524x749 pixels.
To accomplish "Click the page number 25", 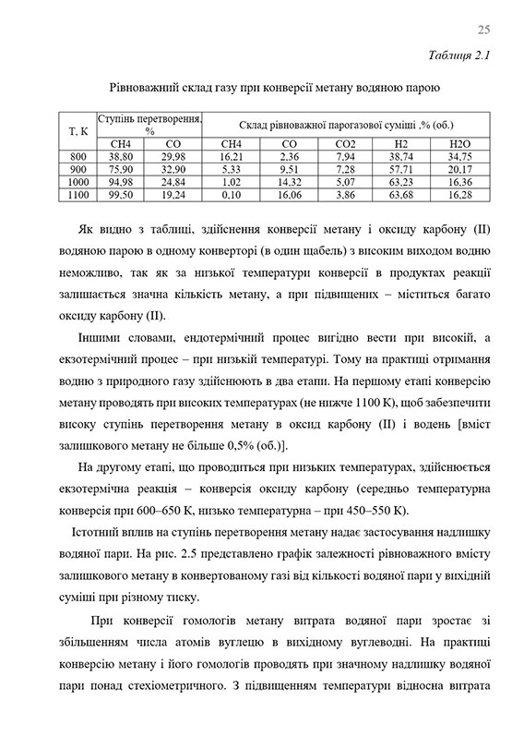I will (483, 29).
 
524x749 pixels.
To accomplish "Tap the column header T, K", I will (78, 130).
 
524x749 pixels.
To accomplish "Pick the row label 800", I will (78, 157).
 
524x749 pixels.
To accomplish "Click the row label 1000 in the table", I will (78, 183).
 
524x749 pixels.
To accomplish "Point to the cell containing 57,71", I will (402, 170).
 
